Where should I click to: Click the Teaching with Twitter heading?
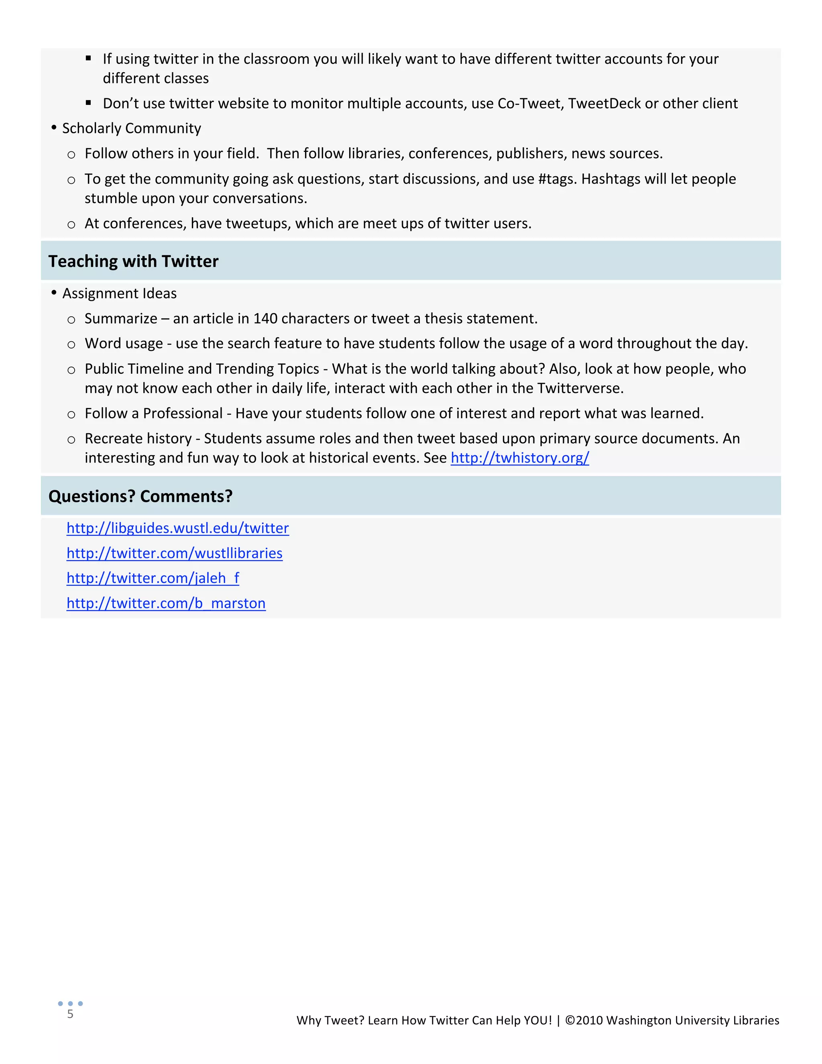coord(133,262)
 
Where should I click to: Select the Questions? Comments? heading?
coord(140,496)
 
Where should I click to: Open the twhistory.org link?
coord(520,459)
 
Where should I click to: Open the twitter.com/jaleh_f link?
coord(153,579)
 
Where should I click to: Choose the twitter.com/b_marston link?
coord(166,603)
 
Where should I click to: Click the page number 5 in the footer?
coord(70,1014)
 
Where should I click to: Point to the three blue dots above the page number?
coord(70,1004)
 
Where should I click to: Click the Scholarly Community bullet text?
coord(132,128)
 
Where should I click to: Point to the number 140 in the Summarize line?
coord(265,319)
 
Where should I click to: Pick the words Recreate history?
coord(138,439)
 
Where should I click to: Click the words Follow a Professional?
coord(153,414)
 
